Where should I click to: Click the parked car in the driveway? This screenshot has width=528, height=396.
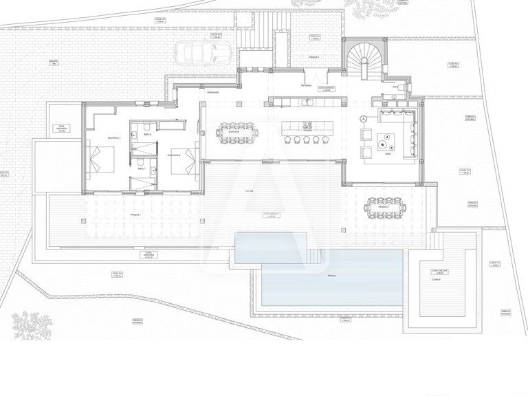(203, 52)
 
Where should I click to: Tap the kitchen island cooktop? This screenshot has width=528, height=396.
(305, 126)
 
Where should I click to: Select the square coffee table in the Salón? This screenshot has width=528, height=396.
(382, 144)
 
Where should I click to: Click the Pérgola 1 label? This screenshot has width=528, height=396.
(135, 215)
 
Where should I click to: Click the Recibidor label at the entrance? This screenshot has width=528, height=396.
(305, 85)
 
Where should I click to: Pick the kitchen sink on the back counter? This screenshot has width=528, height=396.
(308, 102)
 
